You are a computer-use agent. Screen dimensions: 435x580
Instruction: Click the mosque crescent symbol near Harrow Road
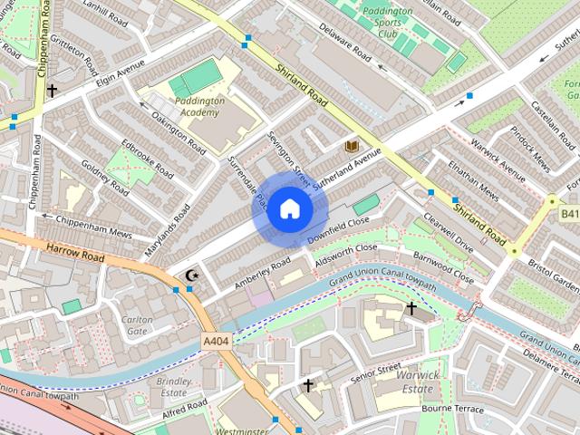pos(190,275)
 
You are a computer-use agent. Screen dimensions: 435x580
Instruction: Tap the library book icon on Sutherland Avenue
pos(350,146)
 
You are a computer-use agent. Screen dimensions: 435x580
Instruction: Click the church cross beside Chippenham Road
pos(52,90)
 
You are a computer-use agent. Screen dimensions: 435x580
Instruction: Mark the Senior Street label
pos(376,369)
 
